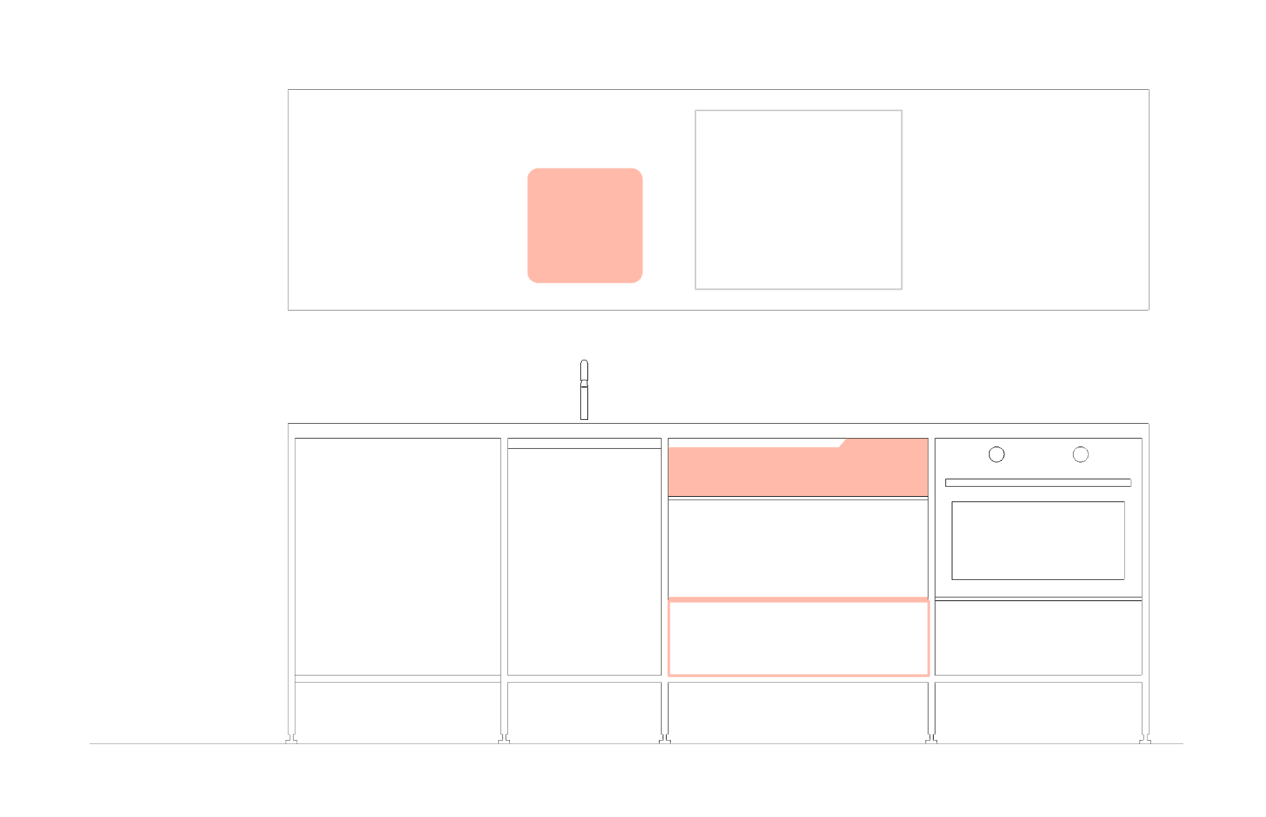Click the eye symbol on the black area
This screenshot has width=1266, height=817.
click(1079, 456)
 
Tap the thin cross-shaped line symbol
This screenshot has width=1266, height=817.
click(584, 362)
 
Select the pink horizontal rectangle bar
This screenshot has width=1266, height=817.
click(797, 468)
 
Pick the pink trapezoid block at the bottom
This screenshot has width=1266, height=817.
click(798, 617)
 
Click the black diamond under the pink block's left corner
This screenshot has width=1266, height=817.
click(664, 712)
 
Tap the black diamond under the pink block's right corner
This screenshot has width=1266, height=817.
click(931, 712)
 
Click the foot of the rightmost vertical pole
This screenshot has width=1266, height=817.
click(1145, 739)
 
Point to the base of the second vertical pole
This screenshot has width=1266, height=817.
click(504, 739)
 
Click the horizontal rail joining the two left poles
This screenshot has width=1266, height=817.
click(398, 678)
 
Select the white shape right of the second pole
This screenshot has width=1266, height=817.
click(548, 534)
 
